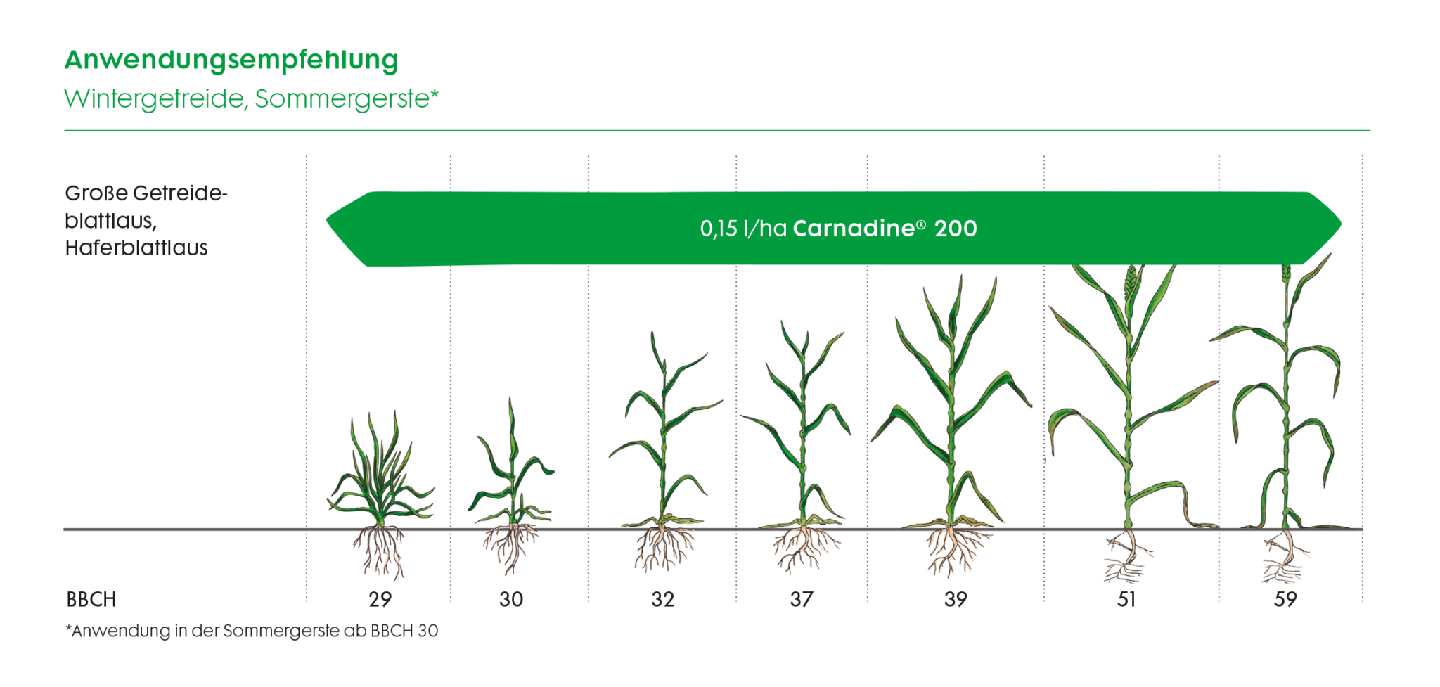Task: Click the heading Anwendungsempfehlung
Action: tap(231, 60)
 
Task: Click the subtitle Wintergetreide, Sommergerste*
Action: tap(251, 99)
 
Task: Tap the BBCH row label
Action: tap(91, 600)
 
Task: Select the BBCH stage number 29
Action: tap(380, 600)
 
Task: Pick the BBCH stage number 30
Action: tap(511, 600)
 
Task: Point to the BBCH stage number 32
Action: tap(662, 600)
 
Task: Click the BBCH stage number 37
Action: tap(802, 600)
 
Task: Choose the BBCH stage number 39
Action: tap(956, 600)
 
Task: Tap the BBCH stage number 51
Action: tap(1126, 600)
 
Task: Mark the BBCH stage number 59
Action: tap(1285, 600)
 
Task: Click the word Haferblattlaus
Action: tap(136, 248)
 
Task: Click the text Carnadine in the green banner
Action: tap(854, 229)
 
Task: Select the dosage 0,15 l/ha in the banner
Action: tap(743, 229)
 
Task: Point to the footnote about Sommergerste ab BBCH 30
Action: tap(252, 631)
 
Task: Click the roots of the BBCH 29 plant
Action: tap(380, 552)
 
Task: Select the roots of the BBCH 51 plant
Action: tap(1127, 559)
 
